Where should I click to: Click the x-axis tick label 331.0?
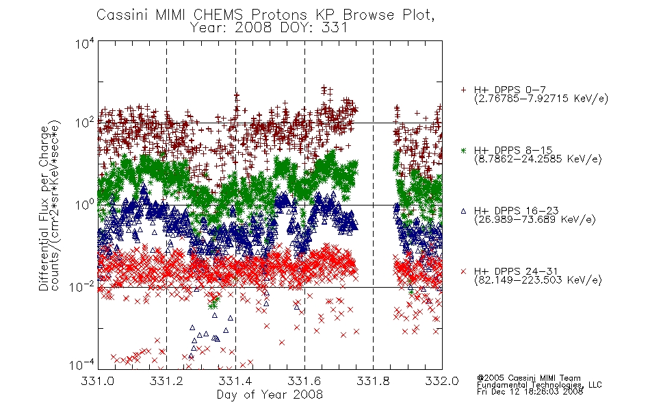[97, 381]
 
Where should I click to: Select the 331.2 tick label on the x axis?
[166, 381]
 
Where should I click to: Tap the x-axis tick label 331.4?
[235, 381]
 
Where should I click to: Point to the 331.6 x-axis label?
[304, 381]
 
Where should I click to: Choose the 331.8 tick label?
[373, 381]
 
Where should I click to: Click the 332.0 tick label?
[442, 381]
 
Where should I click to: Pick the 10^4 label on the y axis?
[85, 44]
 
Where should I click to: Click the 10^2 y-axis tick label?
[85, 123]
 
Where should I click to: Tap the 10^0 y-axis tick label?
[85, 205]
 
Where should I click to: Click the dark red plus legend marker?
[463, 90]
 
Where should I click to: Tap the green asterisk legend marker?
[463, 150]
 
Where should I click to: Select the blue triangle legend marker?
[463, 211]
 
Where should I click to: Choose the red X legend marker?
[463, 271]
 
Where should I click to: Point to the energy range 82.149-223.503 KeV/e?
[538, 280]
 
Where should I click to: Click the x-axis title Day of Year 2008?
[270, 395]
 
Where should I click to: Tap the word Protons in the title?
[278, 15]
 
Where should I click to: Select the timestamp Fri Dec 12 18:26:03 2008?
[530, 392]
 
